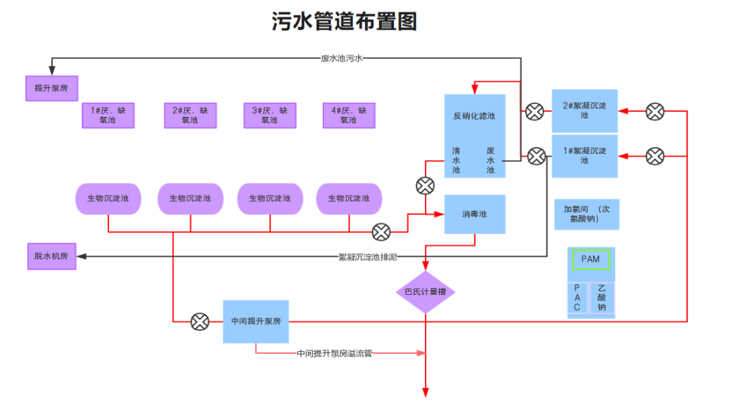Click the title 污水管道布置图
click(x=344, y=22)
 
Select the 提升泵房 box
click(x=51, y=88)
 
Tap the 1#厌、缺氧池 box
click(x=108, y=115)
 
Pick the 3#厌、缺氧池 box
click(x=269, y=115)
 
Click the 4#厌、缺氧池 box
click(x=349, y=115)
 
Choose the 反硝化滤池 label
click(x=474, y=116)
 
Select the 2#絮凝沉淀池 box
click(x=584, y=110)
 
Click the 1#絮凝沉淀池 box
click(x=584, y=155)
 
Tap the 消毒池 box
click(x=474, y=214)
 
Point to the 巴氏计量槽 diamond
click(x=425, y=292)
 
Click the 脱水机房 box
click(x=51, y=256)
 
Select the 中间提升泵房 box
click(x=256, y=321)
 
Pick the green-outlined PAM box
click(x=591, y=259)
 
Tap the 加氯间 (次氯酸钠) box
click(x=586, y=214)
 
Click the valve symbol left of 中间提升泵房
click(x=200, y=321)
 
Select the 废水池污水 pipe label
click(x=342, y=59)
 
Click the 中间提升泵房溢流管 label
click(x=335, y=353)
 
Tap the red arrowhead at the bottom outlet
click(x=426, y=392)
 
